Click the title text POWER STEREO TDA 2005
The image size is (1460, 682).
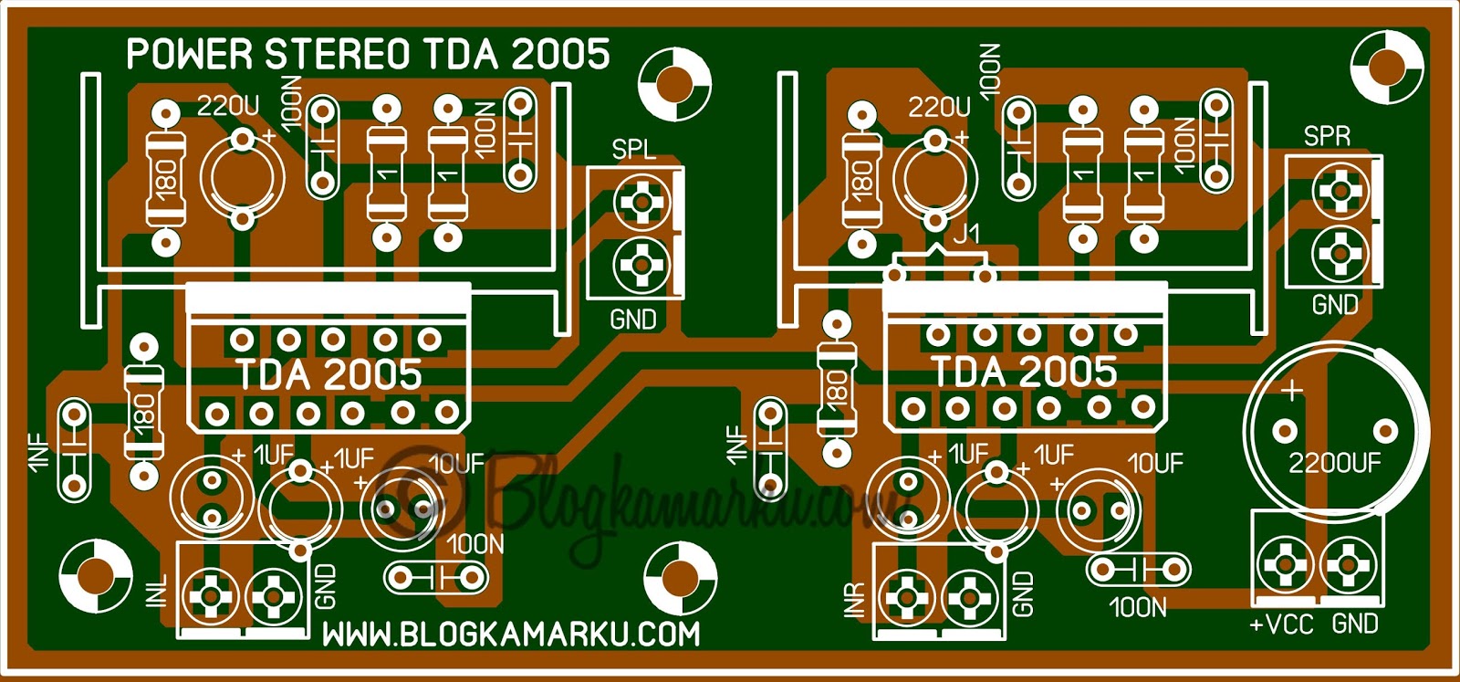pos(368,55)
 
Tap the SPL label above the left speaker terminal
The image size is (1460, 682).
pos(633,150)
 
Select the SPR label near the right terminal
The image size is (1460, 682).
pos(1327,137)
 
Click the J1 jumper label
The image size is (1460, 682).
pos(966,233)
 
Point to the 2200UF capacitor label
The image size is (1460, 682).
pos(1334,464)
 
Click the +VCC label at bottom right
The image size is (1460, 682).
pos(1281,624)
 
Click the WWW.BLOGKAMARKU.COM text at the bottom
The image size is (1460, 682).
pos(512,635)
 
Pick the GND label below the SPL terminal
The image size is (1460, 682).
pos(633,320)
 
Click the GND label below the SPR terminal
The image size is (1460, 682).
pos(1335,305)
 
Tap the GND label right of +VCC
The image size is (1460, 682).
pos(1355,624)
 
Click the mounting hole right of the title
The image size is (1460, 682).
pos(674,85)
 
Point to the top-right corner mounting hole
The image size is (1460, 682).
pos(1386,67)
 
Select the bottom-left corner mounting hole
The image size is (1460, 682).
pos(95,575)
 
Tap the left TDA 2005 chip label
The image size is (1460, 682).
pos(329,374)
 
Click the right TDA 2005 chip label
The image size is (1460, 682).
pos(1024,372)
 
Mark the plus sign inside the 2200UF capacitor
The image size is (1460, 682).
pos(1292,391)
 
